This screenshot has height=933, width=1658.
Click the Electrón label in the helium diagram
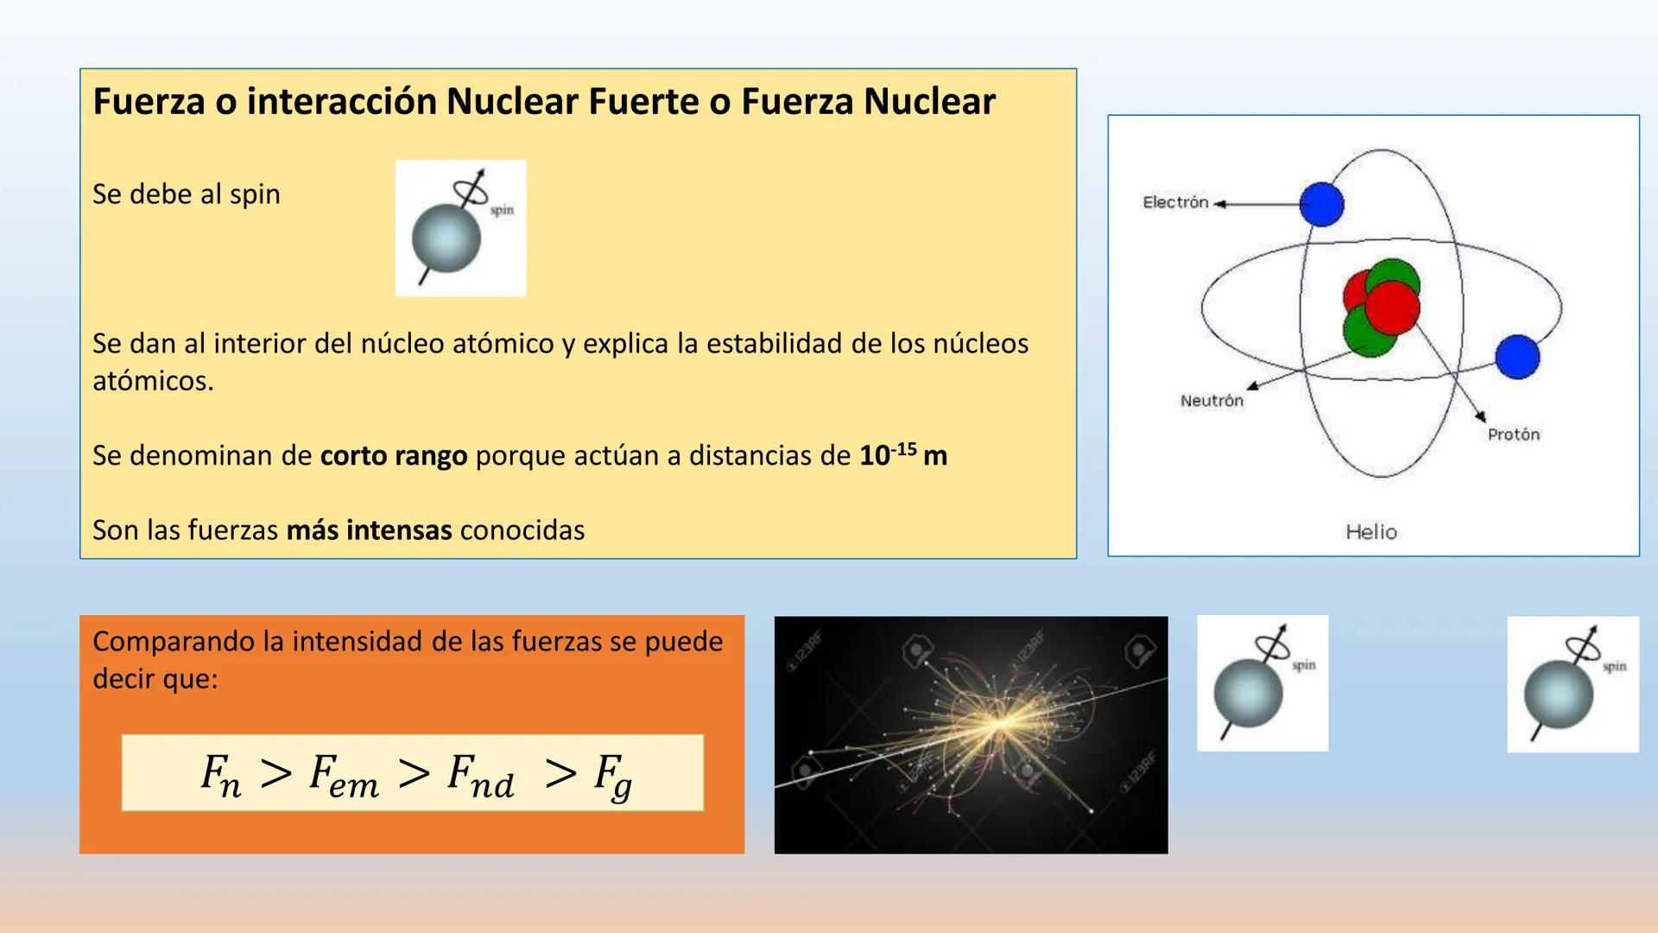tap(1175, 202)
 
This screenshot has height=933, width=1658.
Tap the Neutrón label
tap(1212, 401)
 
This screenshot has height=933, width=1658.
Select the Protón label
tap(1513, 435)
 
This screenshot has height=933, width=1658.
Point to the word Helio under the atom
tap(1371, 532)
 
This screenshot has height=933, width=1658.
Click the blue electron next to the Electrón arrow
tap(1321, 205)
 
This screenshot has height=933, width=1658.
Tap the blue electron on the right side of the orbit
tap(1517, 357)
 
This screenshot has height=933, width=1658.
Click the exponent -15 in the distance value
tap(904, 449)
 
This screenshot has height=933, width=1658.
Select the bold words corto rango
tap(394, 455)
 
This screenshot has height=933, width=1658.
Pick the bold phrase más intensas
tap(369, 530)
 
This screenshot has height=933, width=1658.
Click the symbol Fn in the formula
tap(221, 775)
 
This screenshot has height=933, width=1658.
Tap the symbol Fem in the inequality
tap(344, 775)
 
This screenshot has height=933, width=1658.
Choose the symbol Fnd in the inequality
tap(481, 775)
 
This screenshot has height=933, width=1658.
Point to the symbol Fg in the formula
tap(613, 777)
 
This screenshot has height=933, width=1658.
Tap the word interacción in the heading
tap(341, 101)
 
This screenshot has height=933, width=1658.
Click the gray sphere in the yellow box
tap(446, 238)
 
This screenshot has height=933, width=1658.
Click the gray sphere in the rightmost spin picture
tap(1558, 695)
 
